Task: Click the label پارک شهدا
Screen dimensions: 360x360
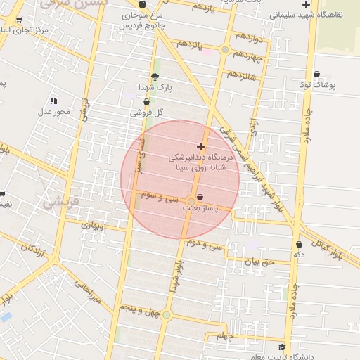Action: pos(155,87)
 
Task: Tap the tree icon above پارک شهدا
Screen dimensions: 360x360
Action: pos(155,77)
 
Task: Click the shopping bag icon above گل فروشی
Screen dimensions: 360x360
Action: pos(146,101)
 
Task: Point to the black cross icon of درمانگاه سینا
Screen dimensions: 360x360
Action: pos(202,147)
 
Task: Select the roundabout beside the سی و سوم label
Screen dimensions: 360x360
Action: pos(192,201)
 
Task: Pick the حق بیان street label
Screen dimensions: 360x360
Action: pos(257,262)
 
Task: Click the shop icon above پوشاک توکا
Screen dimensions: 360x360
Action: pos(317,74)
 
